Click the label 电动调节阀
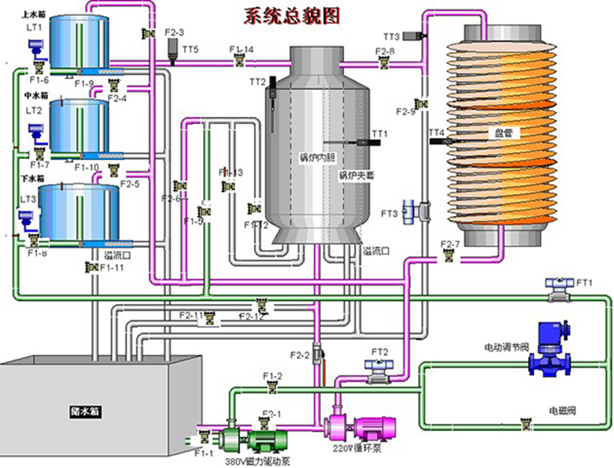505,346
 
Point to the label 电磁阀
562,411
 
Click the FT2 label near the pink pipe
379,351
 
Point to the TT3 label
391,37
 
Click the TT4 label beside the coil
435,132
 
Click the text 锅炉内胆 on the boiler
318,157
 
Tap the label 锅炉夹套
356,176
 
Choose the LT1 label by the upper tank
34,28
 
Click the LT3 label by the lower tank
28,199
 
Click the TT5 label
190,51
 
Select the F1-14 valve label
242,50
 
